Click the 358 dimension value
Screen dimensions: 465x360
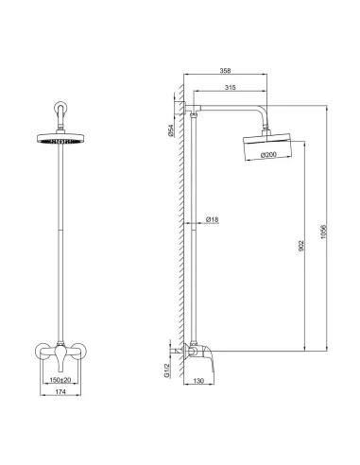pyautogui.click(x=224, y=71)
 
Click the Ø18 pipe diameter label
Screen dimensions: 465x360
pyautogui.click(x=213, y=220)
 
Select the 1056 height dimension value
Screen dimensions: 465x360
pyautogui.click(x=326, y=233)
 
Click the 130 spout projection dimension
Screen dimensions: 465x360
pyautogui.click(x=197, y=382)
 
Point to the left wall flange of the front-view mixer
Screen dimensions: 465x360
pyautogui.click(x=40, y=351)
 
